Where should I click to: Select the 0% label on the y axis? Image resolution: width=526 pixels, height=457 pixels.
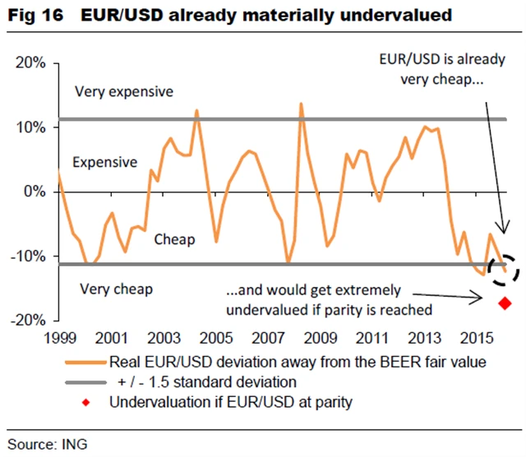(x=35, y=192)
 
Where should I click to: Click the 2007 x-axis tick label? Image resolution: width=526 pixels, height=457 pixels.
(x=267, y=337)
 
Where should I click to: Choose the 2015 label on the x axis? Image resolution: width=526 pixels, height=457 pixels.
(x=475, y=337)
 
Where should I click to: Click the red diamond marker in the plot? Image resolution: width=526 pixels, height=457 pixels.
(x=505, y=303)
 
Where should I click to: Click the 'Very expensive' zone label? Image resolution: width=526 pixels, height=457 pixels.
(x=123, y=91)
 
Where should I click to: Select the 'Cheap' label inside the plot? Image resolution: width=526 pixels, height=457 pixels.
(x=174, y=239)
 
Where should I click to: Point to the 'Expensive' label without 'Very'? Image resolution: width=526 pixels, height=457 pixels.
(x=104, y=162)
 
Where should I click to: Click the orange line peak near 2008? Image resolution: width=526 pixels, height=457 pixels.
(x=301, y=104)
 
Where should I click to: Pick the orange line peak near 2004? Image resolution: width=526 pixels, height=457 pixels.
(x=197, y=110)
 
